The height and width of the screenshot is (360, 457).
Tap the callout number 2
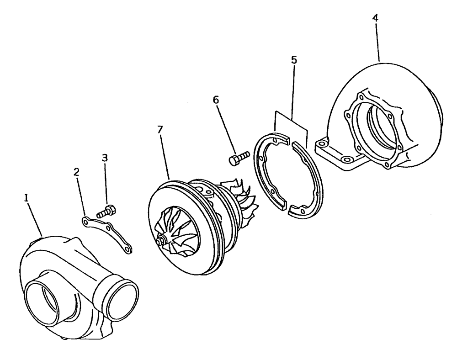pos(76,172)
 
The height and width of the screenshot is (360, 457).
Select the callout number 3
pos(105,158)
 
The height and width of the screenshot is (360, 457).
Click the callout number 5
pos(293,60)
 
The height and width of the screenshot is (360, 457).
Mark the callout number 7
pos(159,130)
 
